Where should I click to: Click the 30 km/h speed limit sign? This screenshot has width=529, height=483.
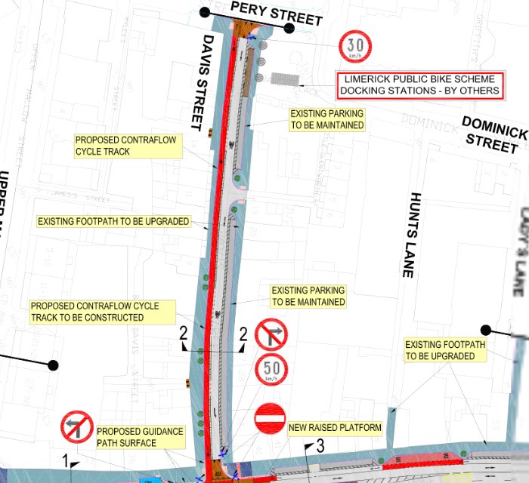click(354, 46)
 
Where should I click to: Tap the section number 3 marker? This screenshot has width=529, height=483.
click(320, 446)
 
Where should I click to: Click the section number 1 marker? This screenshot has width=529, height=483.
click(66, 460)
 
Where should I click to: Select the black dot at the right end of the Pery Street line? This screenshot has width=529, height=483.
click(289, 28)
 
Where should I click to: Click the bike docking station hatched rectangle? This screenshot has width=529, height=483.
click(286, 78)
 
